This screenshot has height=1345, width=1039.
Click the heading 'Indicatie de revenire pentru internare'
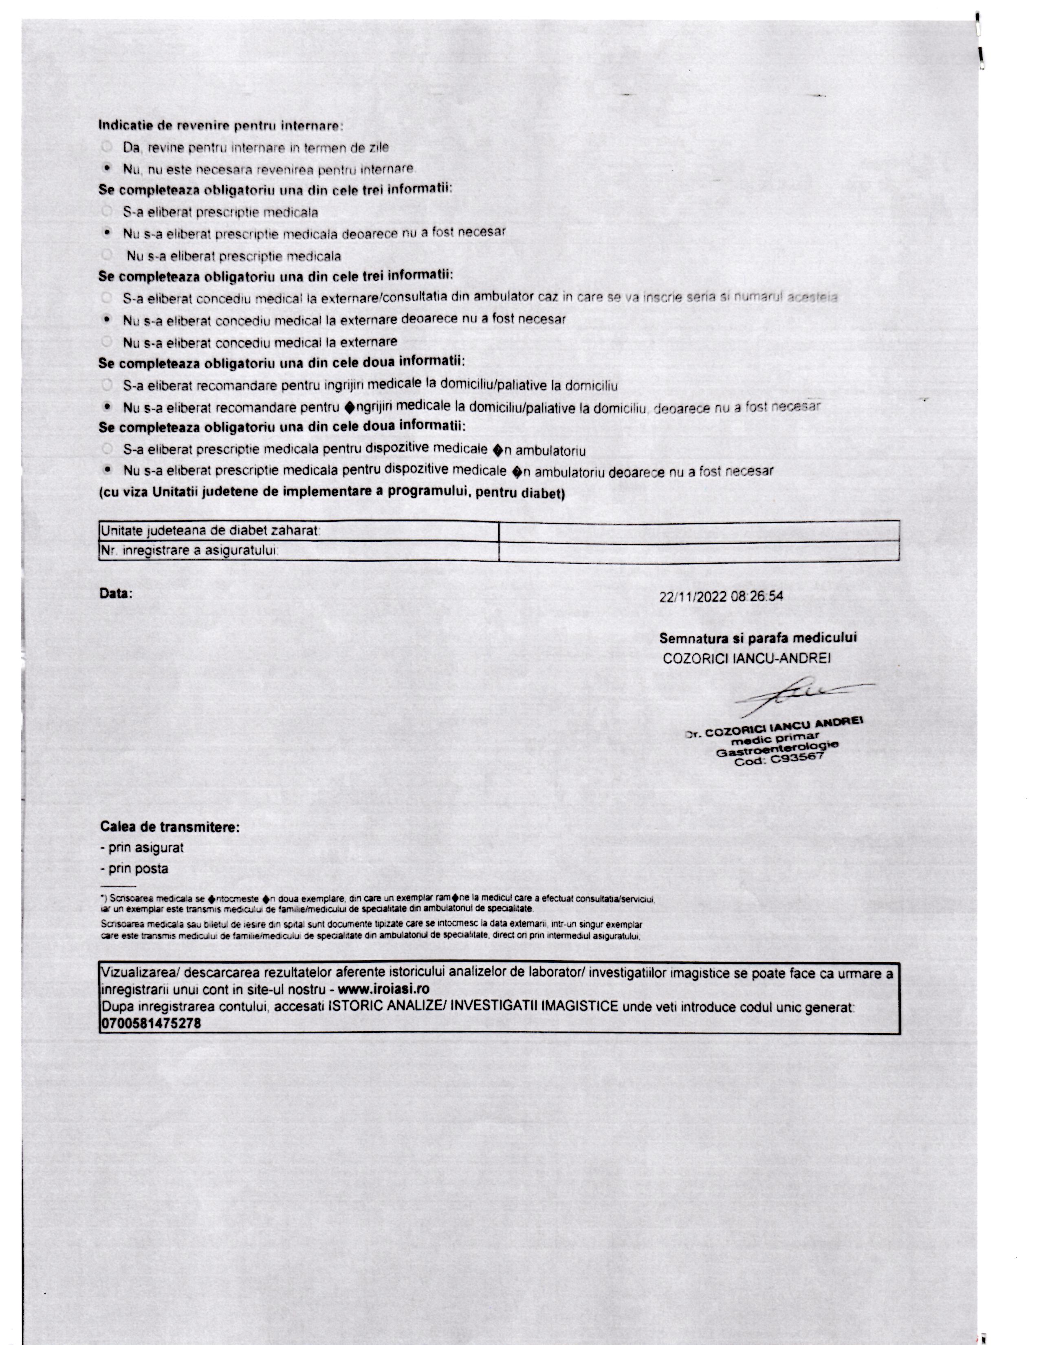click(220, 126)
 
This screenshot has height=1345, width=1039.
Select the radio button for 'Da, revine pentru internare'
click(107, 147)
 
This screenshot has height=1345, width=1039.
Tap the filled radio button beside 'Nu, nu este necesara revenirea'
click(107, 168)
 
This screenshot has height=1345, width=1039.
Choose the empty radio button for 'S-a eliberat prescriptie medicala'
click(107, 211)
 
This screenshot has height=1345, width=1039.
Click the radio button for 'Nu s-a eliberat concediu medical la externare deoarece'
click(107, 320)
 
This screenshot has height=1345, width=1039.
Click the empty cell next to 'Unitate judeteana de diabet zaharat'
click(699, 530)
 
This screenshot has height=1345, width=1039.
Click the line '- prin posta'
click(134, 868)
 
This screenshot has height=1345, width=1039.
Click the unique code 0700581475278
click(151, 1023)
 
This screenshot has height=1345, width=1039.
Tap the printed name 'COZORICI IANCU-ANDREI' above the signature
click(746, 658)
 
